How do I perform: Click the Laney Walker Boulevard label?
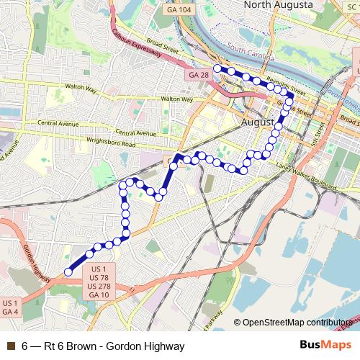pos(305,172)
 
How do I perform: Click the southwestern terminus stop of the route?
pos(68,271)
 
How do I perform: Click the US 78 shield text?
pos(99,277)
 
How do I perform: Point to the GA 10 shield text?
pos(99,294)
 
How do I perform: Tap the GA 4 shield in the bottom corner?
pos(10,312)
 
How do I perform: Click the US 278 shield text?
pos(99,286)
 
